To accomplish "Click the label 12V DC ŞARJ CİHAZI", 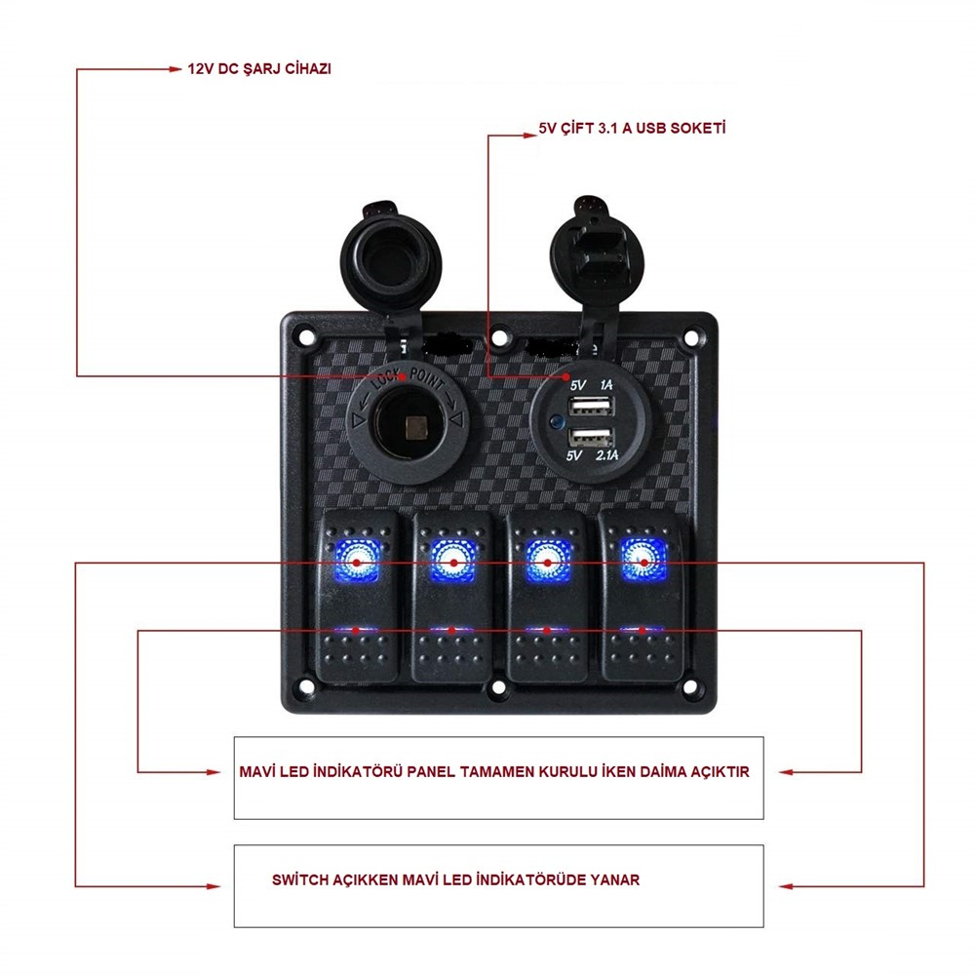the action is pos(259,68).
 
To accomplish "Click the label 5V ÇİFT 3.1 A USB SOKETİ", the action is pos(632,128).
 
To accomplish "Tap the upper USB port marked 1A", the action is pos(592,407).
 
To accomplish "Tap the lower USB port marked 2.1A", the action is pos(592,438).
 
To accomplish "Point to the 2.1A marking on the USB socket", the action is pos(606,455).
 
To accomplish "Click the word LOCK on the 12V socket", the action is pos(385,378).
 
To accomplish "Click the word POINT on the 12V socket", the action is pos(427,378).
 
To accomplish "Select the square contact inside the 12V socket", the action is pos(415,428).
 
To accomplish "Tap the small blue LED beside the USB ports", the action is pos(555,424).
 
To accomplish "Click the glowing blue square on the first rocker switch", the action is pos(357,560).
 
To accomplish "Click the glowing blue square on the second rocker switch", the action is pos(453,560).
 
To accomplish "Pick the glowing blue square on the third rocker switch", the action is pos(548,560).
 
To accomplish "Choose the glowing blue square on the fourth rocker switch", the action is pos(643,559).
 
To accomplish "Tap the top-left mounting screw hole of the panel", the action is pos(306,337).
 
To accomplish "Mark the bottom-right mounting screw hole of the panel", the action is pos(689,686).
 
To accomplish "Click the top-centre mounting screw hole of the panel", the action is pos(498,338).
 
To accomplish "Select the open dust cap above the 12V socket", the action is pos(391,254).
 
